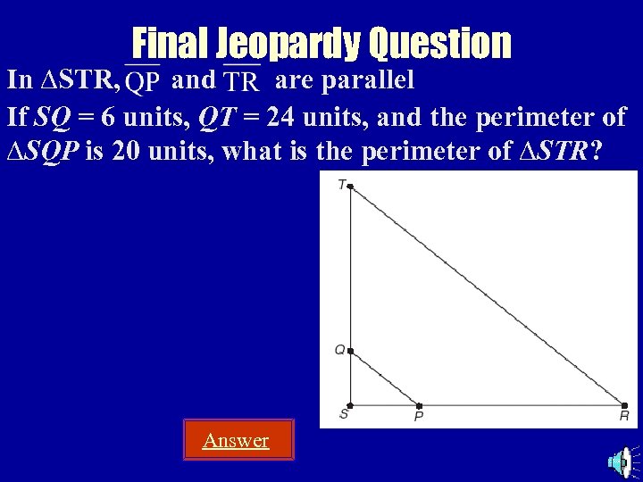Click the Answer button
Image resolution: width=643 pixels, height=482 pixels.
click(238, 440)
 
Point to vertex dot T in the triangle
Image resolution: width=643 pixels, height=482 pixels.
click(350, 187)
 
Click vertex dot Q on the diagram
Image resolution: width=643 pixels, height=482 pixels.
click(350, 352)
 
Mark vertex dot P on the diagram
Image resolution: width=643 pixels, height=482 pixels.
click(419, 405)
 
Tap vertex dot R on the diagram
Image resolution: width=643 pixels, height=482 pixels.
click(625, 405)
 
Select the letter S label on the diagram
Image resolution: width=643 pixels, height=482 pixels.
click(343, 414)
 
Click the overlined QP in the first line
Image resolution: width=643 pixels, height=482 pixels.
click(143, 82)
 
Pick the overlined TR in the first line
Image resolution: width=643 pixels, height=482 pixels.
click(241, 82)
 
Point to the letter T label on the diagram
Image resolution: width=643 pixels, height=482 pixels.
click(341, 185)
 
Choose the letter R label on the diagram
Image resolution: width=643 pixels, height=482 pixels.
click(624, 416)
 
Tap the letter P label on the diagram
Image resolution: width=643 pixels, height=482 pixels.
click(417, 417)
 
